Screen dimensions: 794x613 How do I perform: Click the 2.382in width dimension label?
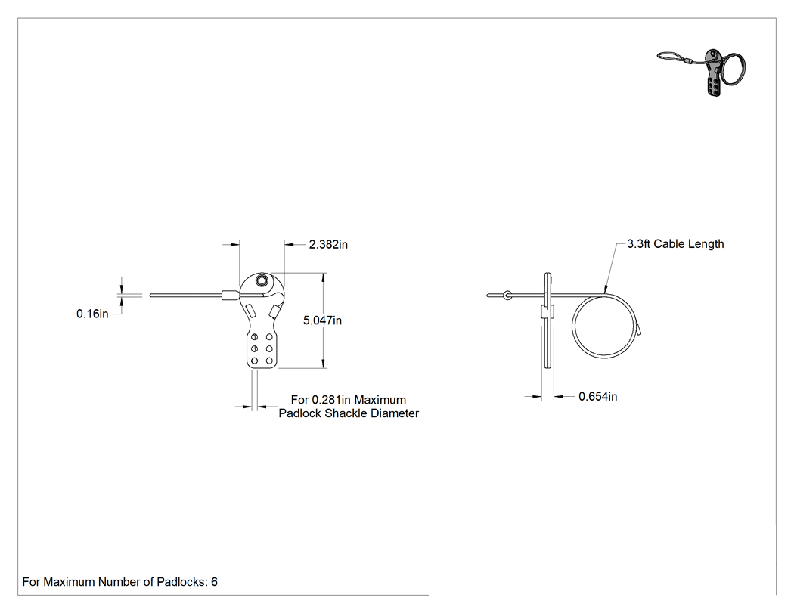click(328, 244)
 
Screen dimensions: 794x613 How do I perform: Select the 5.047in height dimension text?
click(322, 320)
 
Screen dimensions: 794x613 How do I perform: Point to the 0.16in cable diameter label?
click(92, 314)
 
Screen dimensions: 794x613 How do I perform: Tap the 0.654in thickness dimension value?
click(597, 396)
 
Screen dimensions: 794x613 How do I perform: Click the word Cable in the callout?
click(668, 244)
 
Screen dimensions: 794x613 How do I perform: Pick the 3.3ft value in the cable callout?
click(638, 244)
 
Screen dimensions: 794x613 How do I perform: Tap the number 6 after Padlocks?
click(214, 582)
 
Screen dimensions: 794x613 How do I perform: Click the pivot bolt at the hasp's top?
click(262, 280)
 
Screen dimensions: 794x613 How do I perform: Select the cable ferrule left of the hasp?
click(230, 295)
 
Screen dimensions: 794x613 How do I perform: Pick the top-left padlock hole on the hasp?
click(255, 336)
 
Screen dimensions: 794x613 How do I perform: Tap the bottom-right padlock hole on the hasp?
click(269, 361)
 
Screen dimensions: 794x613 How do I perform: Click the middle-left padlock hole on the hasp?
click(255, 348)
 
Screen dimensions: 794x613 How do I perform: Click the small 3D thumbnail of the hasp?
click(702, 72)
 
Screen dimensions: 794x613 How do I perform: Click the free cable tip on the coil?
click(640, 330)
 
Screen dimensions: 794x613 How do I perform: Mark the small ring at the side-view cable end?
click(507, 295)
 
